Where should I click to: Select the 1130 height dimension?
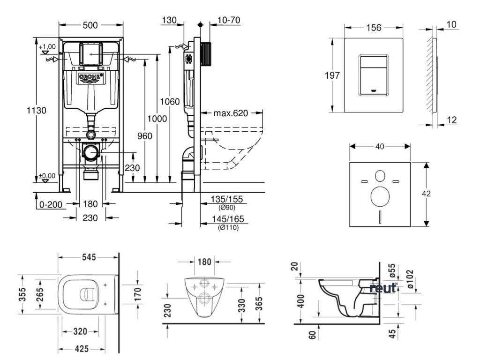click(x=36, y=111)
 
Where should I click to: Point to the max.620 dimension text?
click(x=230, y=113)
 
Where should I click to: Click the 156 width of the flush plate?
click(x=373, y=28)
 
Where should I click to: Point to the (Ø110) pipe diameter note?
click(x=226, y=227)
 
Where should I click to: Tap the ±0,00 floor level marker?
click(x=46, y=176)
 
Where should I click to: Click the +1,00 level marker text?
click(x=47, y=46)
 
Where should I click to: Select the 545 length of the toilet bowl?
click(x=88, y=257)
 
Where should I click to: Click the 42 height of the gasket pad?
click(x=435, y=194)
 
